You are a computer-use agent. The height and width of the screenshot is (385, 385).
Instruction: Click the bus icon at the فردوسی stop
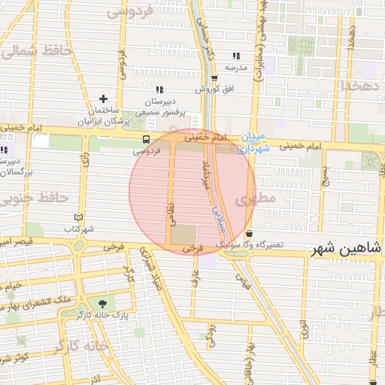click(146, 139)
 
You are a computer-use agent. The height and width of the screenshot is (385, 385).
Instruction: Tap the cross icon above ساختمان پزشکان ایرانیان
click(104, 99)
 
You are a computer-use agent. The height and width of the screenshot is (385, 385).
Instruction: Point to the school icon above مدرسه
click(236, 56)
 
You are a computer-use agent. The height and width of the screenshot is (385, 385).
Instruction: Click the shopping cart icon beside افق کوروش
click(214, 78)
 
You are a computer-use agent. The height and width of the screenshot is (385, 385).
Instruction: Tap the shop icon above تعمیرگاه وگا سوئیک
click(249, 233)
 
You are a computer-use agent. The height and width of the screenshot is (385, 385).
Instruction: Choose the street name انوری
click(304, 329)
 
